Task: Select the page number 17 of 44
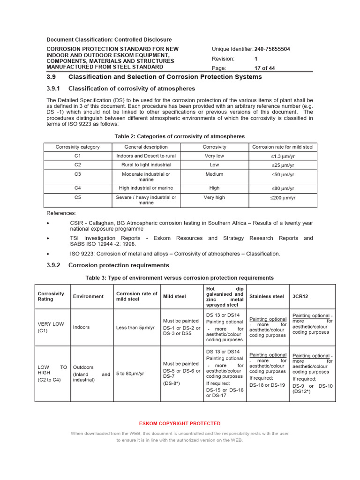point(265,68)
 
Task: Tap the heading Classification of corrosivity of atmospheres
point(131,89)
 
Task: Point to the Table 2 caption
point(180,136)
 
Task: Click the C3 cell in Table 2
point(78,174)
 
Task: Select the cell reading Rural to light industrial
point(146,165)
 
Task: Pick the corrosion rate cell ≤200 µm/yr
point(283,198)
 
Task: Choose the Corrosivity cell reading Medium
point(214,174)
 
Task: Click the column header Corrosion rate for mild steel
point(283,147)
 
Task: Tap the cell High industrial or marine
point(146,188)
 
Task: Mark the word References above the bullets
point(61,213)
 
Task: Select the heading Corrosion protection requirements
point(119,265)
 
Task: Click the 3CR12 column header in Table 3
point(300,296)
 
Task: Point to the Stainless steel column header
point(267,296)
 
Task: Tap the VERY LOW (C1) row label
point(51,327)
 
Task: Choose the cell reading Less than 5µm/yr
point(135,327)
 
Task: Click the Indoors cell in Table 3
point(81,327)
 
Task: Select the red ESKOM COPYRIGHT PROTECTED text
point(180,423)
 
